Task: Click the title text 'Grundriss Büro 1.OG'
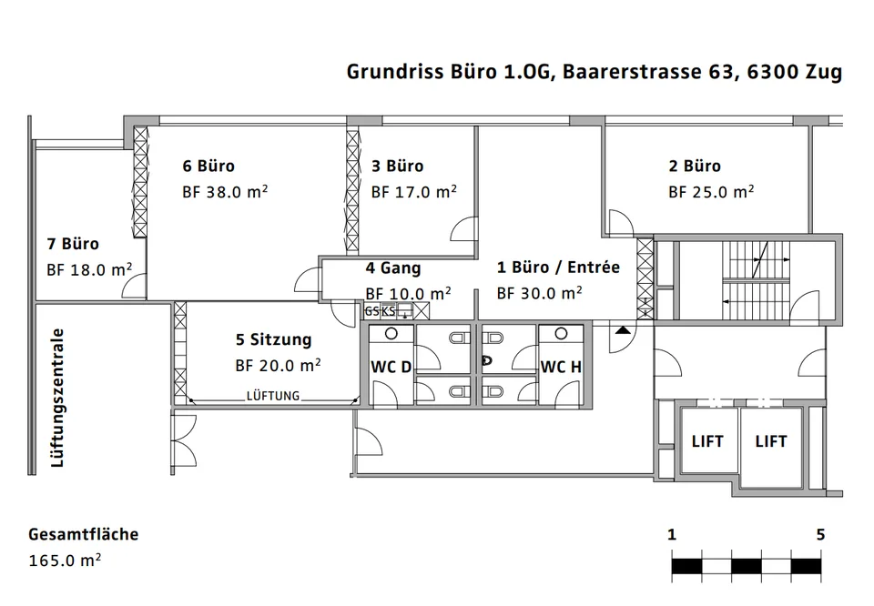coord(449,72)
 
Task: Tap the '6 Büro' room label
coord(208,166)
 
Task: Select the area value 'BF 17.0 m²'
coord(414,192)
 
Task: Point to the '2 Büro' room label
coord(695,166)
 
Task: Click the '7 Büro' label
coord(73,244)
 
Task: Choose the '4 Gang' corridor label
coord(393,268)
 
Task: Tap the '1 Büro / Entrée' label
coord(558,268)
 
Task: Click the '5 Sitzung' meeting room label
coord(274,339)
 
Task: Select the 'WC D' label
coord(391,367)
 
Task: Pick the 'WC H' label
coord(561,367)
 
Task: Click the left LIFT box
coord(707,441)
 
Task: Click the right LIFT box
coord(771,441)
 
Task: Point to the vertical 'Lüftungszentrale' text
coord(57,398)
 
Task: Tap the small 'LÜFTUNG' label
coord(273,396)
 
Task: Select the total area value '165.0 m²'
coord(65,560)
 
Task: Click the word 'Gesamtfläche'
coord(84,534)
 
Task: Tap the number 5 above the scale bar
coord(820,535)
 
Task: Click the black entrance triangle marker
coord(623,330)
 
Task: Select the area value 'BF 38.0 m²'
coord(225,192)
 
